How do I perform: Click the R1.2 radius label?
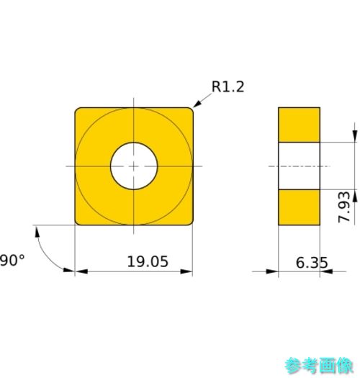(x=228, y=86)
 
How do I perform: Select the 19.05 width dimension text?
(x=148, y=261)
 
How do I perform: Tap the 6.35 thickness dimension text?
(x=312, y=263)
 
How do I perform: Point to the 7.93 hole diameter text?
(x=344, y=207)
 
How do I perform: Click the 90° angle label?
(x=12, y=261)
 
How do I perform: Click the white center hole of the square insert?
(x=134, y=166)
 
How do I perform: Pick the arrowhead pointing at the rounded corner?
(x=197, y=104)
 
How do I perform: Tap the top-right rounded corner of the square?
(x=192, y=109)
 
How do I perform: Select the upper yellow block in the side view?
(x=299, y=125)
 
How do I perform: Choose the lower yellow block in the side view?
(x=299, y=207)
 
